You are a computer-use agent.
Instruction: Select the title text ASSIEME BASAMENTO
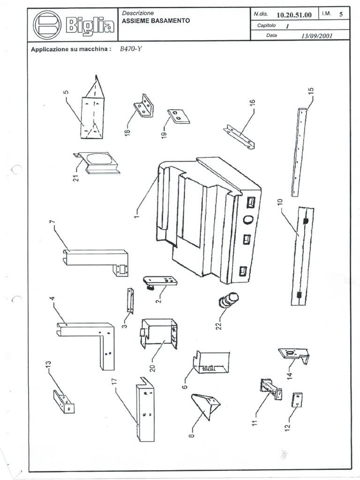(156, 21)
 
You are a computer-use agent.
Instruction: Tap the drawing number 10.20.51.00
(294, 15)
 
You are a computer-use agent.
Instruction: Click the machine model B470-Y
(131, 49)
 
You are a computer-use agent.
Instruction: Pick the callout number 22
(218, 325)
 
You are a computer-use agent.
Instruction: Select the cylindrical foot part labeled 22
(228, 300)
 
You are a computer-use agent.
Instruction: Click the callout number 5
(66, 92)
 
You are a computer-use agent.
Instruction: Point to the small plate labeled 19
(179, 116)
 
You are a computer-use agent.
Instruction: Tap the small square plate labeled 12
(297, 400)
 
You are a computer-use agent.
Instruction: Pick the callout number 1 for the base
(136, 215)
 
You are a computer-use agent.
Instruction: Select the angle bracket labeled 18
(144, 106)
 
